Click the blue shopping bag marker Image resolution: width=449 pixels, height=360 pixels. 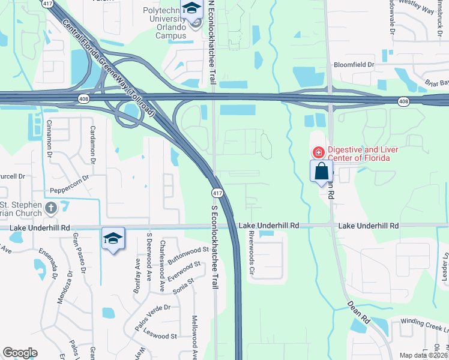coord(321,170)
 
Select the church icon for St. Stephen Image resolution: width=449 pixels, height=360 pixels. coord(51,208)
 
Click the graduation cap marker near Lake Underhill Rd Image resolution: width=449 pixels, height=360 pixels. coord(113,239)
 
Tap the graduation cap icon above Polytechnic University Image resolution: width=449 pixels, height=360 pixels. coord(192,8)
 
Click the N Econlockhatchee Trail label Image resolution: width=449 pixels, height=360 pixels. coord(211,42)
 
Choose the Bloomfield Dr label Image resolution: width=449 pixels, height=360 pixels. coord(354,64)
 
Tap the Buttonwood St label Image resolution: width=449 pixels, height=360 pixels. coord(187,255)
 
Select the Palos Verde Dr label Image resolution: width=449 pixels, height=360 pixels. coord(152,317)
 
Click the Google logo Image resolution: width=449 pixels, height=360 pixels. coord(20,353)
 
